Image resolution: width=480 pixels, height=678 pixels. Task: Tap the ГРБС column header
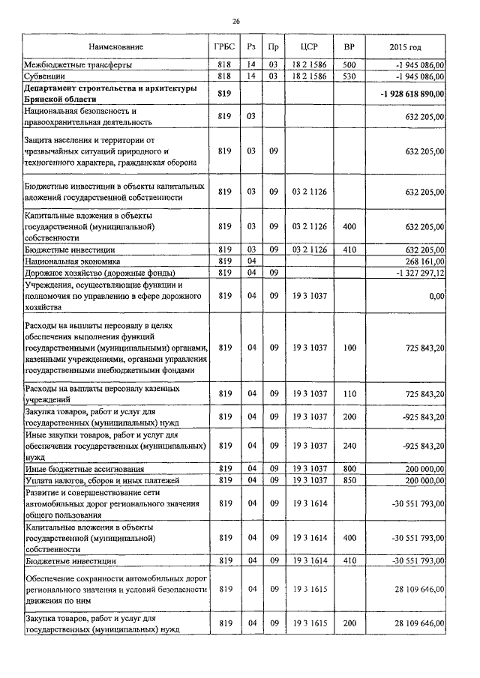(x=224, y=47)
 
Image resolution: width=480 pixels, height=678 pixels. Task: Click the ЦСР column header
(x=309, y=47)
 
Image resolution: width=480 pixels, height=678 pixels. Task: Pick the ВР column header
(x=349, y=47)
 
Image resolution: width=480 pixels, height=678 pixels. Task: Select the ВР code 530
(x=349, y=76)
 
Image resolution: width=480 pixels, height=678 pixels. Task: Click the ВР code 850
(x=349, y=479)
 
